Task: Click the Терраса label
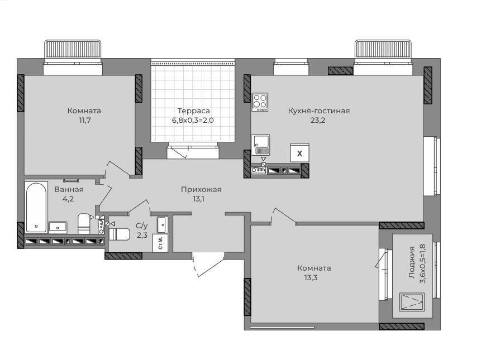click(x=193, y=111)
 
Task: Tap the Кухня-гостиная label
click(x=318, y=111)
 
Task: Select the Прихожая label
click(x=201, y=190)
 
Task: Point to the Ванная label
click(x=69, y=189)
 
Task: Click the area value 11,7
click(x=84, y=120)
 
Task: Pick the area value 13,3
click(x=311, y=277)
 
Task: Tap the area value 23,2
click(x=318, y=120)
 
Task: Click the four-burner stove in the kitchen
click(x=260, y=102)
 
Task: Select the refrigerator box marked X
click(x=299, y=153)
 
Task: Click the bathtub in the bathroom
click(x=36, y=207)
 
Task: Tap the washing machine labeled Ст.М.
click(x=160, y=243)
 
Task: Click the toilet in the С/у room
click(x=119, y=234)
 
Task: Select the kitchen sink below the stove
click(x=260, y=145)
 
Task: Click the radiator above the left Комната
click(x=73, y=49)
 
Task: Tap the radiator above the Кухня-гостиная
click(x=383, y=49)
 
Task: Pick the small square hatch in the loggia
click(x=411, y=302)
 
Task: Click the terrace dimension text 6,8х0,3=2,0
click(x=193, y=120)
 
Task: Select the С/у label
click(x=142, y=225)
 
